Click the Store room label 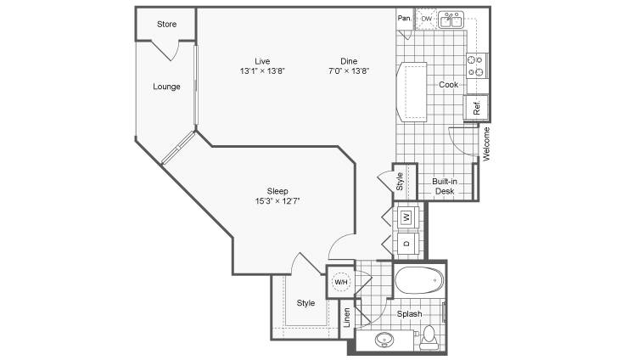tap(166, 24)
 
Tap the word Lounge tap(166, 87)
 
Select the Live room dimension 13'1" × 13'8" tap(262, 71)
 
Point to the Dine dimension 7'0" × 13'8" tap(349, 71)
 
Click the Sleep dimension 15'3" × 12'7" tap(277, 200)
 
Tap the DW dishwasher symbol tap(426, 20)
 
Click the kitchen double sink tap(451, 20)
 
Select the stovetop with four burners tap(477, 66)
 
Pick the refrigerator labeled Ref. tap(476, 107)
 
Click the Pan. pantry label tap(405, 18)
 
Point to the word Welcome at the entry tap(486, 144)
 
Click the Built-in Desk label tap(445, 186)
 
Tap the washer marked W tap(406, 217)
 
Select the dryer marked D tap(406, 244)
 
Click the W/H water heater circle tap(340, 282)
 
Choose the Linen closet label tap(347, 318)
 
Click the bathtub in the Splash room tap(419, 280)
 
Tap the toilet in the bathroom tap(429, 337)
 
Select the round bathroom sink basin tap(384, 340)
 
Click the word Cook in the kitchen tap(448, 84)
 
